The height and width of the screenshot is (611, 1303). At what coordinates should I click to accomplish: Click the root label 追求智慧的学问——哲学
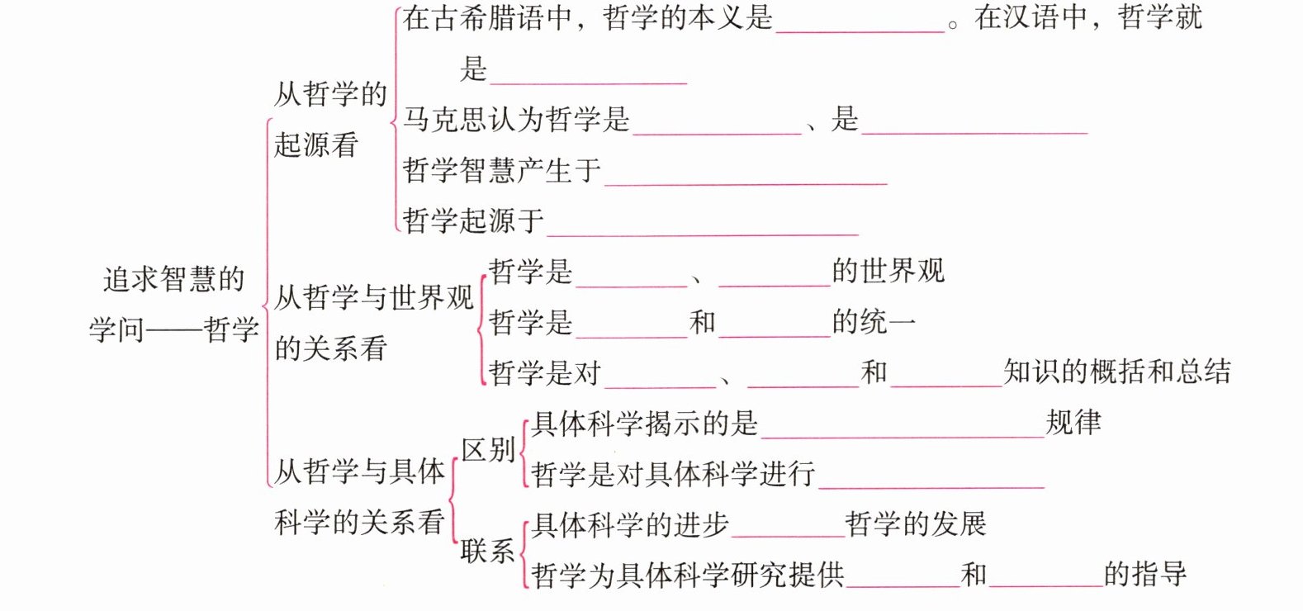pyautogui.click(x=174, y=304)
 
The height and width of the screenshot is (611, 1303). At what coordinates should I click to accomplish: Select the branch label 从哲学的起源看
pyautogui.click(x=330, y=119)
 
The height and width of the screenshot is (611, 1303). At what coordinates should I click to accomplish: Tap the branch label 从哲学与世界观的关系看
pyautogui.click(x=373, y=322)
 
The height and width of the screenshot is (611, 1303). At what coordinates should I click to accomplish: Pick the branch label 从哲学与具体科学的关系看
pyautogui.click(x=359, y=496)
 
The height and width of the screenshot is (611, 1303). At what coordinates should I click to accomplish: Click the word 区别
pyautogui.click(x=488, y=450)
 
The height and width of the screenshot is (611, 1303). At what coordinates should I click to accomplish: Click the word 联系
pyautogui.click(x=487, y=551)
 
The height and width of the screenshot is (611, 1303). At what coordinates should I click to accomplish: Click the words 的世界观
pyautogui.click(x=888, y=271)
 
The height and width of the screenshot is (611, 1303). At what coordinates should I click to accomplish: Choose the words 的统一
pyautogui.click(x=874, y=322)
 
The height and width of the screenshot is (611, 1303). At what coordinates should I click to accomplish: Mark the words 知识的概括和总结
pyautogui.click(x=1117, y=372)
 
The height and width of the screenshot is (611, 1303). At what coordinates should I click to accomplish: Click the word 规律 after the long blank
pyautogui.click(x=1073, y=423)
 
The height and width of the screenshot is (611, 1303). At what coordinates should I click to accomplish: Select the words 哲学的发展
pyautogui.click(x=916, y=523)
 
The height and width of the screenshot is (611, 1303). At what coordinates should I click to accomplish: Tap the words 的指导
pyautogui.click(x=1145, y=574)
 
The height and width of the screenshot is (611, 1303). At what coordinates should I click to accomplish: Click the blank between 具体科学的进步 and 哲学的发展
pyautogui.click(x=788, y=528)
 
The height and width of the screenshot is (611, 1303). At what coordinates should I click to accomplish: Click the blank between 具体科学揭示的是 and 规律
pyautogui.click(x=903, y=427)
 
